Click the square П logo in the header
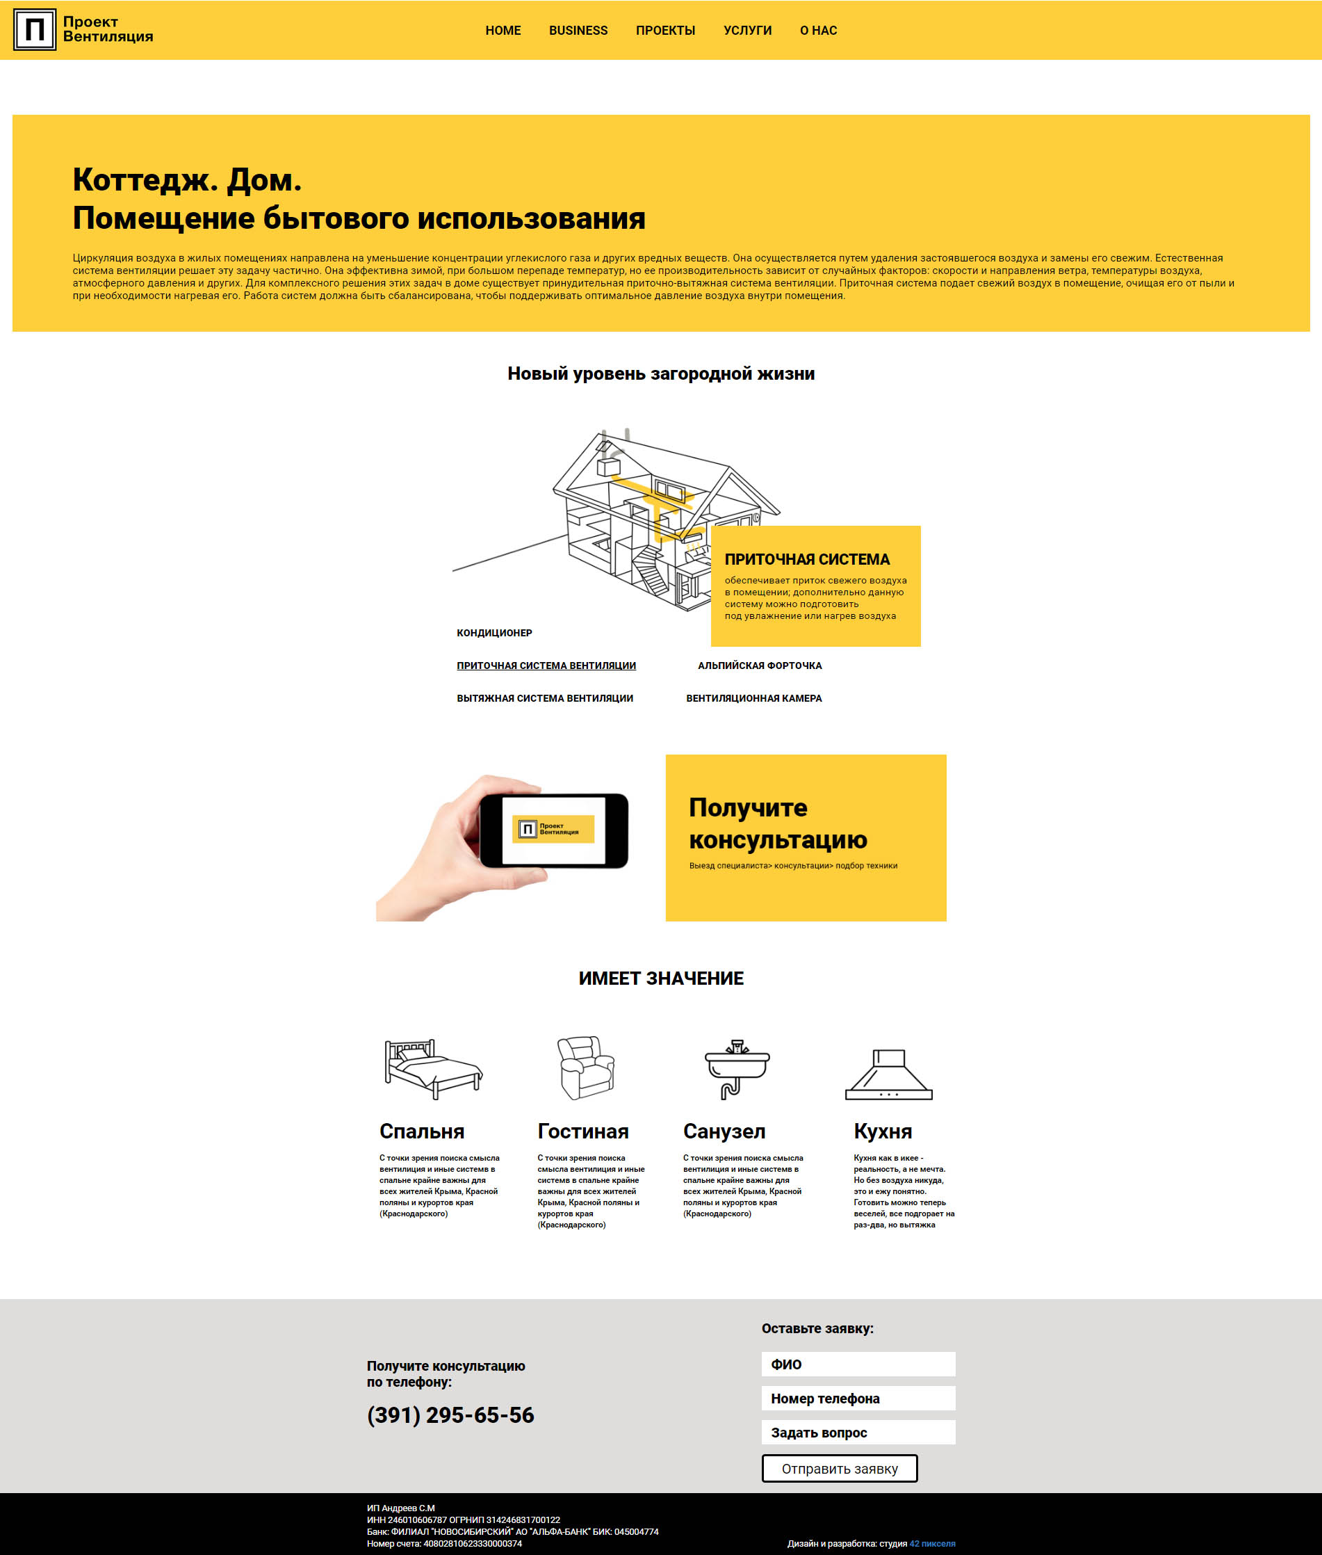click(35, 30)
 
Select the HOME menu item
click(503, 31)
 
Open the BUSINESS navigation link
click(578, 31)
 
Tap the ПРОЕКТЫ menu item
click(664, 31)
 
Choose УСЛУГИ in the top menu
click(747, 31)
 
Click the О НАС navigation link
click(817, 31)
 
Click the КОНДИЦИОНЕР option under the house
click(494, 633)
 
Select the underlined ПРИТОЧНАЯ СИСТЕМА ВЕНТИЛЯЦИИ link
click(546, 666)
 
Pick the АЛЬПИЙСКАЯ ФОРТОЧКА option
click(759, 666)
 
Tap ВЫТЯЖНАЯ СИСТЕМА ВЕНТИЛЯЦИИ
click(544, 698)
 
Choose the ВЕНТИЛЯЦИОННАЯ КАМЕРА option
click(753, 698)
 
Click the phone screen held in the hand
click(553, 829)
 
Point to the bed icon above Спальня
click(432, 1068)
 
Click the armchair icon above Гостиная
click(585, 1067)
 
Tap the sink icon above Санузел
click(737, 1068)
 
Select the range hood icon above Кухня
click(888, 1074)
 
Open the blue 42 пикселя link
click(931, 1544)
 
